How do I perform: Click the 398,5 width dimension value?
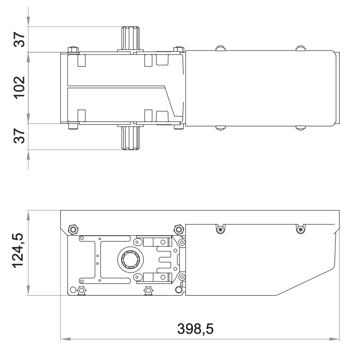coord(195,328)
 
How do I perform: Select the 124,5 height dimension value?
coord(18,251)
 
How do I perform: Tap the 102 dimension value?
coord(19,88)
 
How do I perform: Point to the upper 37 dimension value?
coord(19,40)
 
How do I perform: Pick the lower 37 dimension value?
coord(19,136)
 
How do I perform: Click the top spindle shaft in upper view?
coord(130,39)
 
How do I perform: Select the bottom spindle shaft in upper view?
coord(130,137)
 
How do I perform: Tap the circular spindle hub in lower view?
coord(130,260)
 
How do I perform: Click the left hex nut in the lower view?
coord(73,229)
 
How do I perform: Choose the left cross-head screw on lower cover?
coord(220,229)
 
